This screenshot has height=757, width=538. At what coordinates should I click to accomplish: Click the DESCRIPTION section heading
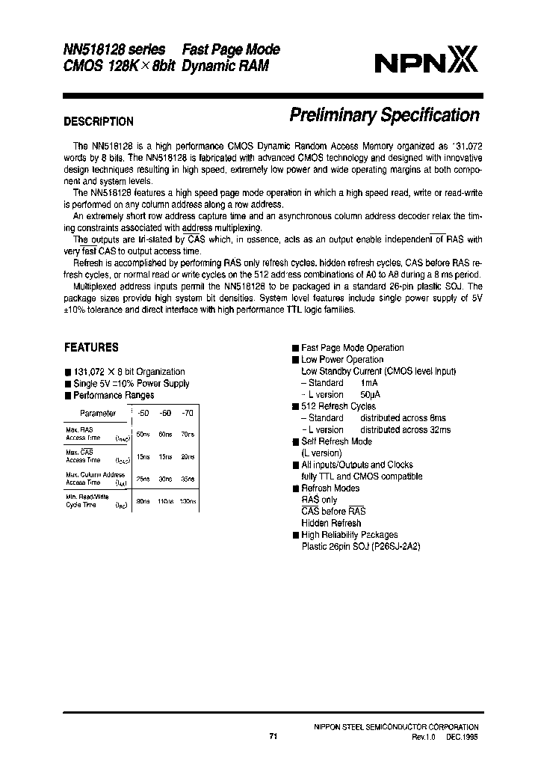pyautogui.click(x=99, y=121)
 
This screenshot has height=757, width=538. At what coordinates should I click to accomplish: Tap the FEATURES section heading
pyautogui.click(x=91, y=347)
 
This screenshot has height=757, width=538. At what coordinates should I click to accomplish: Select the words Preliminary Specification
pyautogui.click(x=383, y=115)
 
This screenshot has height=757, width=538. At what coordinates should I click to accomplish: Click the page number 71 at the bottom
pyautogui.click(x=273, y=737)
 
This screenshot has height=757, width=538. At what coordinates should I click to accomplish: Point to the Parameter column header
pyautogui.click(x=98, y=413)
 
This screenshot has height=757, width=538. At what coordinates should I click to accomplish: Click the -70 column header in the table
pyautogui.click(x=187, y=413)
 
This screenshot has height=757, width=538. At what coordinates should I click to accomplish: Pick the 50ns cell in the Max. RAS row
pyautogui.click(x=142, y=435)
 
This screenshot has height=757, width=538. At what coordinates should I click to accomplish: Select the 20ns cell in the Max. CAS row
pyautogui.click(x=188, y=456)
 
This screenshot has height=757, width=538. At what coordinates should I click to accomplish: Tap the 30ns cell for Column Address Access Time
pyautogui.click(x=165, y=478)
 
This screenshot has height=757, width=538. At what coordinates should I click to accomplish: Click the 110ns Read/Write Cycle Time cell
pyautogui.click(x=165, y=501)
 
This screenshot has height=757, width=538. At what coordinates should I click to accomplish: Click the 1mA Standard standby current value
pyautogui.click(x=369, y=383)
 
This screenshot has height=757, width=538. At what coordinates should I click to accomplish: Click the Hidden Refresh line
pyautogui.click(x=331, y=523)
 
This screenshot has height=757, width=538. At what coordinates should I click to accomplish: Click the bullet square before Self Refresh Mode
pyautogui.click(x=295, y=441)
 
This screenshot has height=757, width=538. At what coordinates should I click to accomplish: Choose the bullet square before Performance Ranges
pyautogui.click(x=68, y=395)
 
